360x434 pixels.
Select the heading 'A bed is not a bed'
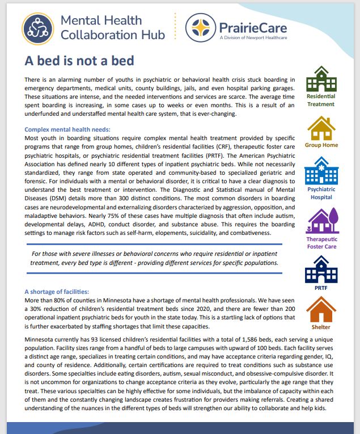tap(79, 60)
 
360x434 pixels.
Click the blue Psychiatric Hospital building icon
tap(321, 169)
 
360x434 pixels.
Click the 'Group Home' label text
tap(321, 145)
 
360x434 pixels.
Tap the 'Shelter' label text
tap(321, 327)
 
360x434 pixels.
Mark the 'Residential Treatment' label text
tap(321, 100)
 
